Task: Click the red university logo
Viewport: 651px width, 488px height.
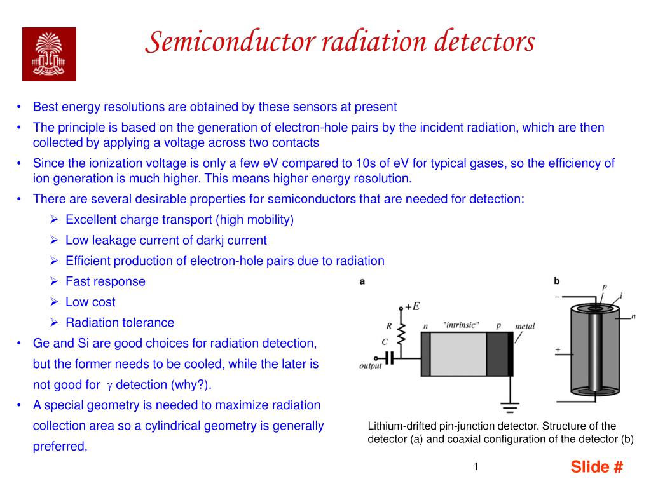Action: click(49, 54)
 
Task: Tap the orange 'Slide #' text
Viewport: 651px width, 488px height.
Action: click(596, 467)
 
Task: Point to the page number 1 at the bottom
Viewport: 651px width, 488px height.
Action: click(475, 467)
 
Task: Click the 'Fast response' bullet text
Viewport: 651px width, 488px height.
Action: click(106, 281)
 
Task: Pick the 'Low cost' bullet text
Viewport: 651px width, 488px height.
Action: click(90, 302)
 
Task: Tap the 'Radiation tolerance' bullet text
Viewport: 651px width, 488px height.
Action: click(120, 323)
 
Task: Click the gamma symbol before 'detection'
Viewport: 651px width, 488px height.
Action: click(109, 385)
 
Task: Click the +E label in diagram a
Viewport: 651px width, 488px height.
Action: click(412, 306)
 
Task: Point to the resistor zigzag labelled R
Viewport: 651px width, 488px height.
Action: click(401, 332)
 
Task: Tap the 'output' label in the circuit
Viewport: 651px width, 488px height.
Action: click(371, 366)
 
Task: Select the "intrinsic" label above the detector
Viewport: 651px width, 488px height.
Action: click(461, 325)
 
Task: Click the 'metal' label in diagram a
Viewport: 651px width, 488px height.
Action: click(524, 326)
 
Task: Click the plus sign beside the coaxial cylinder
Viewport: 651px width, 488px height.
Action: click(558, 349)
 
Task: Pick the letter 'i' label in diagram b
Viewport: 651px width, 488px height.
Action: click(620, 295)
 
